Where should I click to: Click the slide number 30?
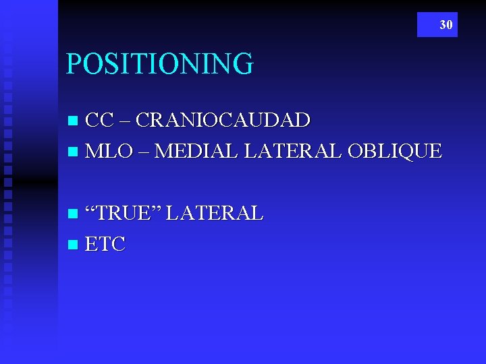click(x=446, y=25)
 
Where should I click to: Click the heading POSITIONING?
click(x=159, y=64)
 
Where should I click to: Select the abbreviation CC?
click(x=100, y=121)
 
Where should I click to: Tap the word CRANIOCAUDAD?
click(x=223, y=121)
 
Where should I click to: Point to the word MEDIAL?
click(x=196, y=150)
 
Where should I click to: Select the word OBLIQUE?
click(x=394, y=150)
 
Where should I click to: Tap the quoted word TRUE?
click(x=128, y=214)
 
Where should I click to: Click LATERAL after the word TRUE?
click(x=214, y=214)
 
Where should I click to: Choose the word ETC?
click(x=106, y=243)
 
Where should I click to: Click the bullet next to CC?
click(x=74, y=121)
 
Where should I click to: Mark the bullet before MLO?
click(x=74, y=151)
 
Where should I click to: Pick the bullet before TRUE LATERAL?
click(x=74, y=214)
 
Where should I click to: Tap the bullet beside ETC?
click(x=74, y=244)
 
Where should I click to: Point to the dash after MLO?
click(x=145, y=152)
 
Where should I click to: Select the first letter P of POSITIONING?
click(x=73, y=64)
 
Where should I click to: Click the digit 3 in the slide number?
click(x=443, y=25)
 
